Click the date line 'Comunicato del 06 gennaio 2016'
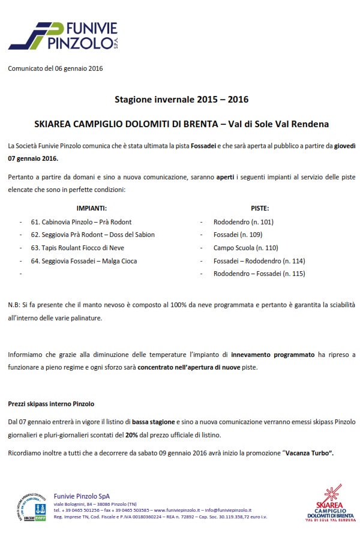pyautogui.click(x=56, y=68)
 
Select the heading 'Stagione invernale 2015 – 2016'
pyautogui.click(x=181, y=99)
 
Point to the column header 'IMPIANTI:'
pyautogui.click(x=91, y=208)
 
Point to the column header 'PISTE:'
pyautogui.click(x=259, y=208)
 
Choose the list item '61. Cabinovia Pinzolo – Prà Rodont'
pyautogui.click(x=81, y=221)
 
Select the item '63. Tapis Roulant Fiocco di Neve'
pyautogui.click(x=77, y=248)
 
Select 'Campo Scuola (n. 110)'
pyautogui.click(x=242, y=248)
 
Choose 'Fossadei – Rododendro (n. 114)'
pyautogui.click(x=259, y=261)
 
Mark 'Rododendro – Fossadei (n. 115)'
pyautogui.click(x=259, y=274)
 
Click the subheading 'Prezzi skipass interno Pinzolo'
pyautogui.click(x=51, y=404)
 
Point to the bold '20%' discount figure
pyautogui.click(x=133, y=434)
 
